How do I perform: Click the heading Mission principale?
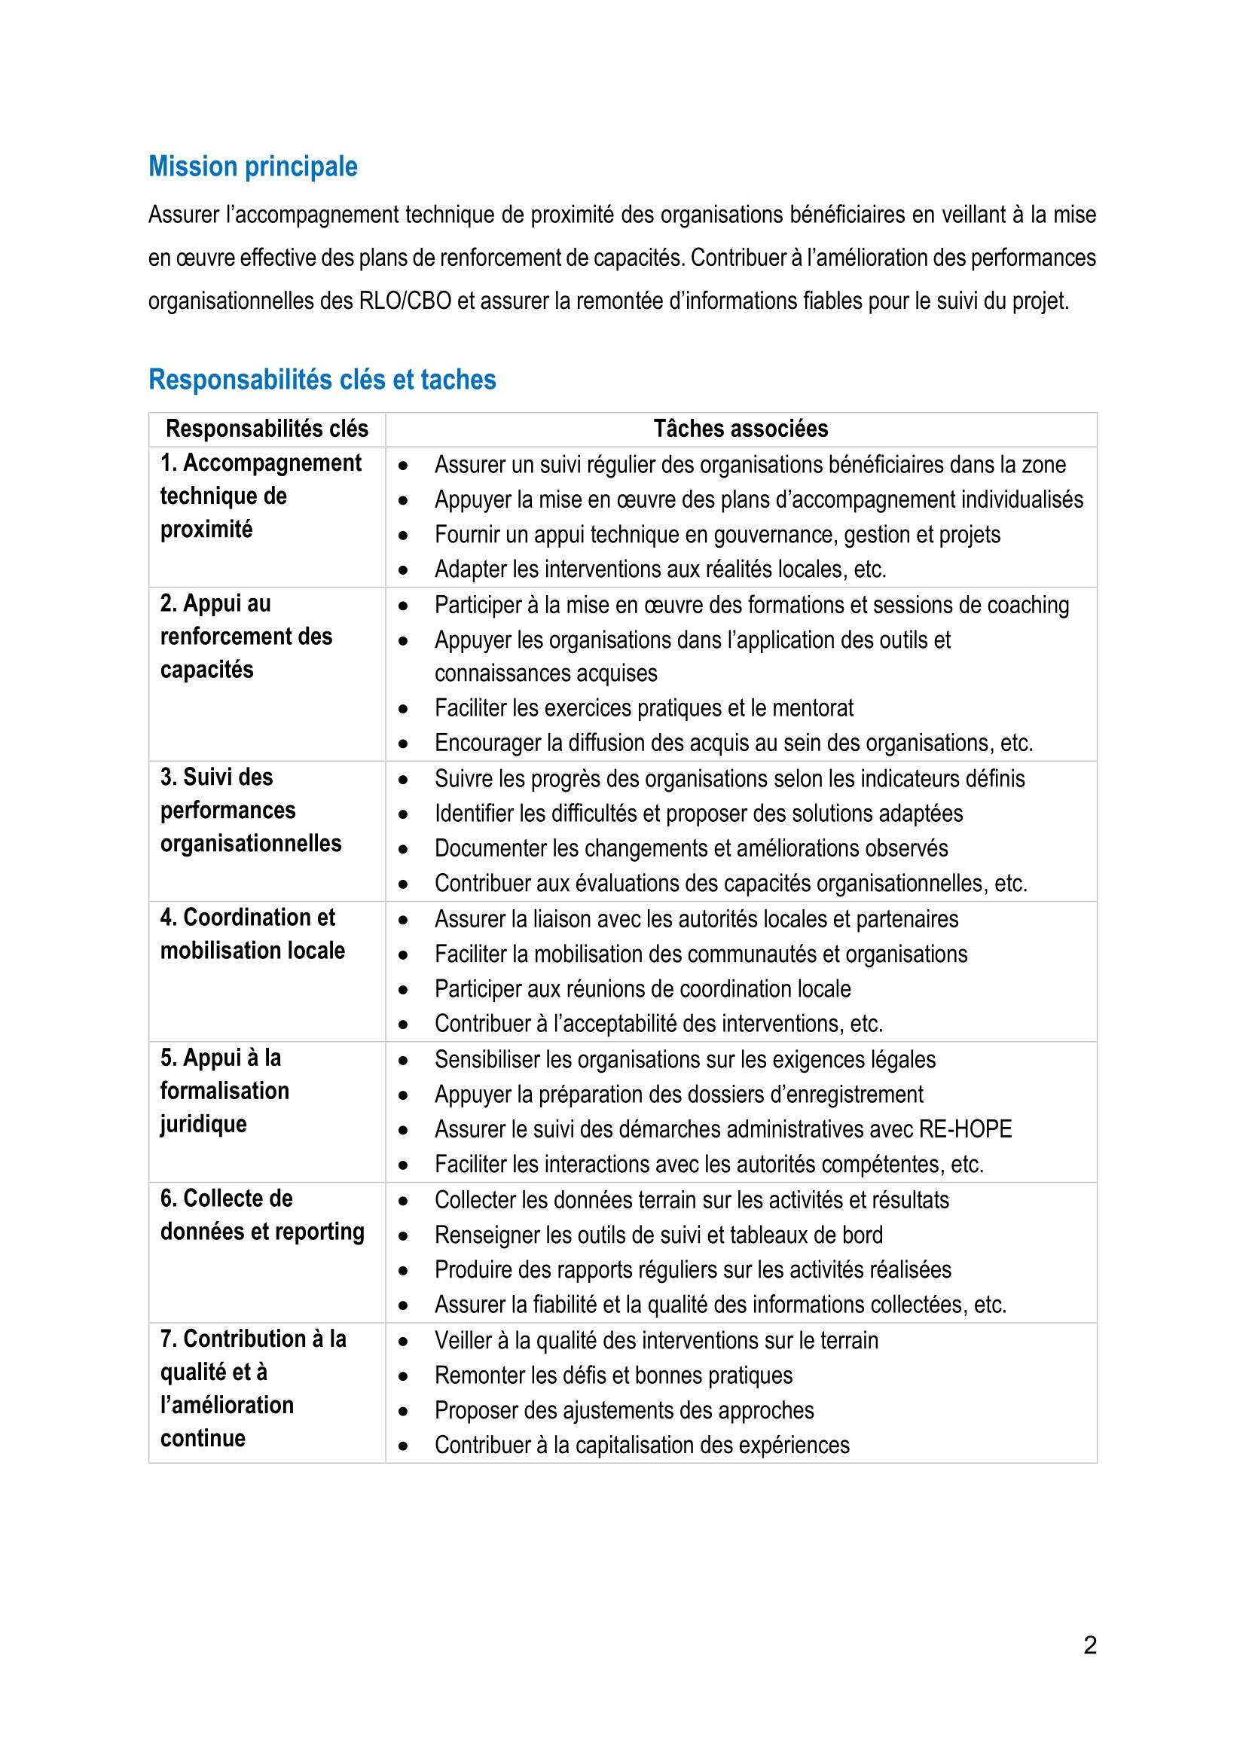tap(252, 166)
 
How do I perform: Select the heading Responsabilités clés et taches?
tap(322, 380)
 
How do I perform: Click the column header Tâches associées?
tap(741, 429)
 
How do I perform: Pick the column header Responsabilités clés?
tap(267, 429)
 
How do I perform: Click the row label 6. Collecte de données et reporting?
tap(261, 1215)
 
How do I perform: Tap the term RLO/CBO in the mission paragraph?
tap(405, 301)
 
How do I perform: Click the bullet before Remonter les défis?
tap(403, 1377)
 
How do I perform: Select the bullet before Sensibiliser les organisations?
tap(403, 1061)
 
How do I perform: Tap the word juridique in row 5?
tap(203, 1124)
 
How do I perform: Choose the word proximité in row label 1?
tap(206, 530)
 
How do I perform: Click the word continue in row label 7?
tap(203, 1438)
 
